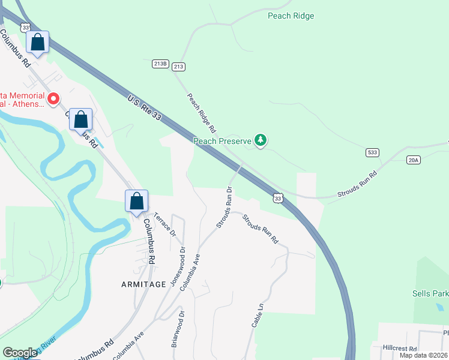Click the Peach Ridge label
pyautogui.click(x=291, y=16)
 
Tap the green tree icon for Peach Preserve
pyautogui.click(x=260, y=140)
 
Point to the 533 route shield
pyautogui.click(x=372, y=153)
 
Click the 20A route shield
pyautogui.click(x=413, y=160)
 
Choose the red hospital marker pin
pyautogui.click(x=53, y=98)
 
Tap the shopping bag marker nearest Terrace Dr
pyautogui.click(x=137, y=201)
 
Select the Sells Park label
pyautogui.click(x=430, y=293)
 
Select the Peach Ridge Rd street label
pyautogui.click(x=201, y=112)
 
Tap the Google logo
pyautogui.click(x=20, y=352)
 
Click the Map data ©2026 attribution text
pyautogui.click(x=423, y=355)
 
